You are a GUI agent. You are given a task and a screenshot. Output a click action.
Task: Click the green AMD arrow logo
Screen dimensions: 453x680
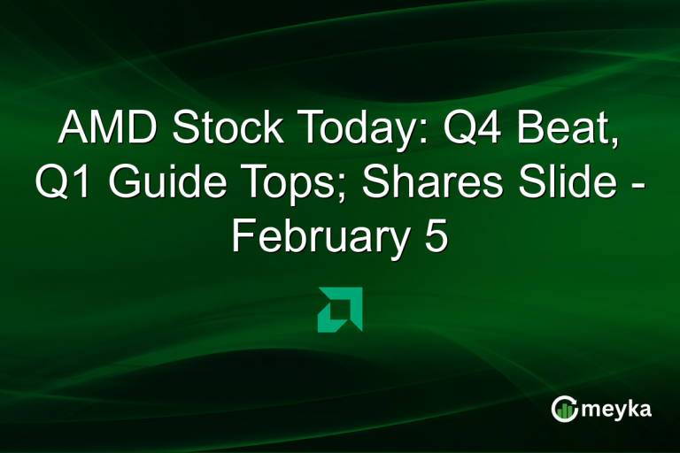(x=339, y=310)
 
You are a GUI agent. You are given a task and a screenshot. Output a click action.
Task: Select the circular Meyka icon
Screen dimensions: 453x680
(x=565, y=408)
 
